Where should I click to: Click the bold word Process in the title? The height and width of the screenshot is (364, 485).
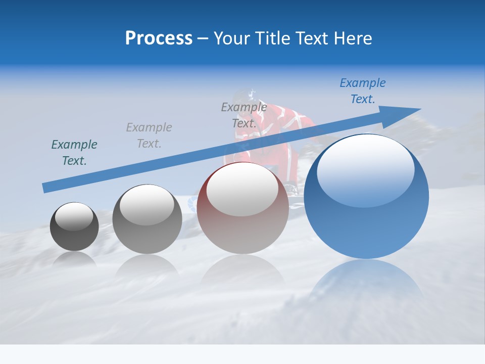[x=159, y=38]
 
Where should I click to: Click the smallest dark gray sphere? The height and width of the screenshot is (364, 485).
[x=74, y=227]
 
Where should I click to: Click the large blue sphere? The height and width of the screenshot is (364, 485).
[x=366, y=197]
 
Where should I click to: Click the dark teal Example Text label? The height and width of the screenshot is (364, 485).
[x=74, y=153]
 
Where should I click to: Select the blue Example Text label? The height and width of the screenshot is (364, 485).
[x=362, y=91]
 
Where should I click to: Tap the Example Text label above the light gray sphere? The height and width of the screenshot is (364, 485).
[x=149, y=135]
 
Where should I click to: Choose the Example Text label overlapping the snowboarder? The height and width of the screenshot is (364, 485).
[x=244, y=115]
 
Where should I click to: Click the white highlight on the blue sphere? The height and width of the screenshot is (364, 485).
[x=365, y=169]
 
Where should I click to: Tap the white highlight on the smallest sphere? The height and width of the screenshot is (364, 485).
[x=74, y=216]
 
